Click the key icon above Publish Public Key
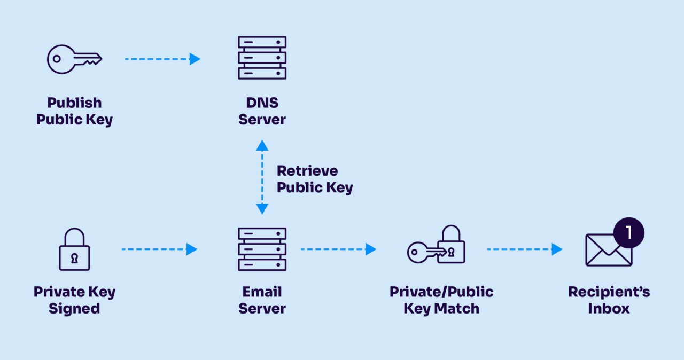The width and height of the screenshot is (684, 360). [x=74, y=59]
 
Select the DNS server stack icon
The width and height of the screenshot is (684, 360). [x=262, y=58]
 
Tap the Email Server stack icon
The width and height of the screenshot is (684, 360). [x=262, y=249]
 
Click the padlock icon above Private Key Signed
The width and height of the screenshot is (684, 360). [x=74, y=249]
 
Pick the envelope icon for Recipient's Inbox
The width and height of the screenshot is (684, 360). [x=609, y=250]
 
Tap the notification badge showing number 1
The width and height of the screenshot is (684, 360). [x=629, y=233]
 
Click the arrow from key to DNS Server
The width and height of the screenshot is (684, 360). [x=162, y=59]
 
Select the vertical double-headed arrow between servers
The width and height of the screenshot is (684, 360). [x=262, y=177]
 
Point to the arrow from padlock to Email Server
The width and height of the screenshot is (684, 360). [x=159, y=249]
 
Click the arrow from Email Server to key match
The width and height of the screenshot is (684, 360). [x=338, y=249]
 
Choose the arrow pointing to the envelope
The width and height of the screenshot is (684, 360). [x=524, y=249]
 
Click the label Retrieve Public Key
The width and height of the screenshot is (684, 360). [x=314, y=179]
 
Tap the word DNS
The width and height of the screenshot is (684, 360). [x=262, y=103]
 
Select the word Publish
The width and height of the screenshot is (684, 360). [x=74, y=103]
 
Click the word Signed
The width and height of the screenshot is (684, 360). [x=74, y=309]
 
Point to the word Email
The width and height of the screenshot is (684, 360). [x=262, y=292]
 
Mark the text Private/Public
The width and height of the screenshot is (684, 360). [x=441, y=292]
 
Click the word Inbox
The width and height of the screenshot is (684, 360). [x=609, y=309]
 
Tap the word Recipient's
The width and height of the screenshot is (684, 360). [x=609, y=292]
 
